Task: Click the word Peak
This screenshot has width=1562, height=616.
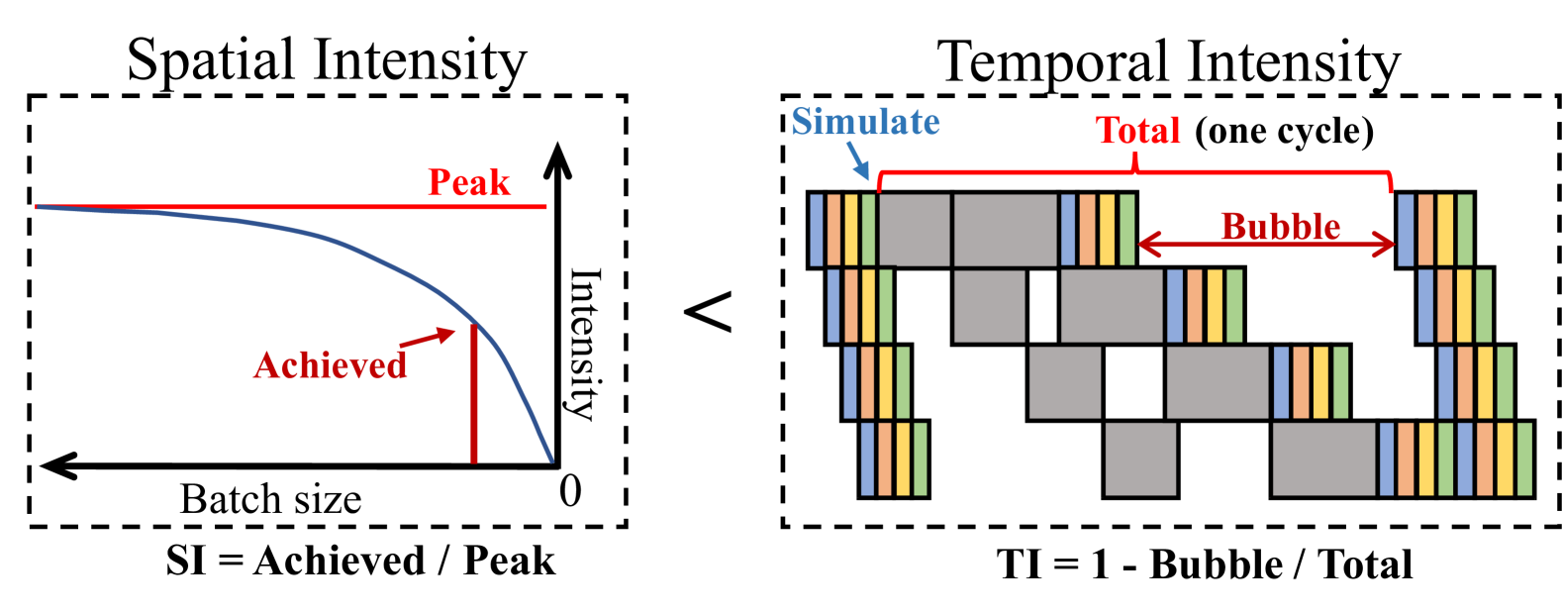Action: [x=469, y=182]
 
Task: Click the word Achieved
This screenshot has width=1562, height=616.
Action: [x=330, y=365]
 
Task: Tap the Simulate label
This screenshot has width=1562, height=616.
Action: [x=865, y=122]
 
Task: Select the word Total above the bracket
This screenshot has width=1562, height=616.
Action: [x=1138, y=131]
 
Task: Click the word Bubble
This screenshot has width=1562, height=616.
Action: [x=1280, y=227]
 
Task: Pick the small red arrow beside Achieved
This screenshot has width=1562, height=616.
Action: [x=429, y=338]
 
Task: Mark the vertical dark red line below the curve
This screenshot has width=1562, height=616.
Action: [x=474, y=396]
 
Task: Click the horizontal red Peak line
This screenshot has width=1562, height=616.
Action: [x=297, y=207]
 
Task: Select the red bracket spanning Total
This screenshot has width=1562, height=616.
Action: [x=1134, y=174]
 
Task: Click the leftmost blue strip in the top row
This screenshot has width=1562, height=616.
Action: [x=817, y=230]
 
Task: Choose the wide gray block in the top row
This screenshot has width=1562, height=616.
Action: [x=1006, y=230]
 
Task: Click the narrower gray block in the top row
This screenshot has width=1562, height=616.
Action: [x=914, y=230]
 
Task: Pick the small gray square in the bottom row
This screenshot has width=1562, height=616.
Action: [x=1140, y=460]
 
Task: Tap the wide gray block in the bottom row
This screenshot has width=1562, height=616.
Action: [x=1323, y=460]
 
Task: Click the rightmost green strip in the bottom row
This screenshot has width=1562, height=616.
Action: [x=1524, y=460]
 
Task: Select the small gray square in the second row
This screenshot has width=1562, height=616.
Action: [x=990, y=306]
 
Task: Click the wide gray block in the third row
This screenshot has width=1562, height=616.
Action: [x=1218, y=382]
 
